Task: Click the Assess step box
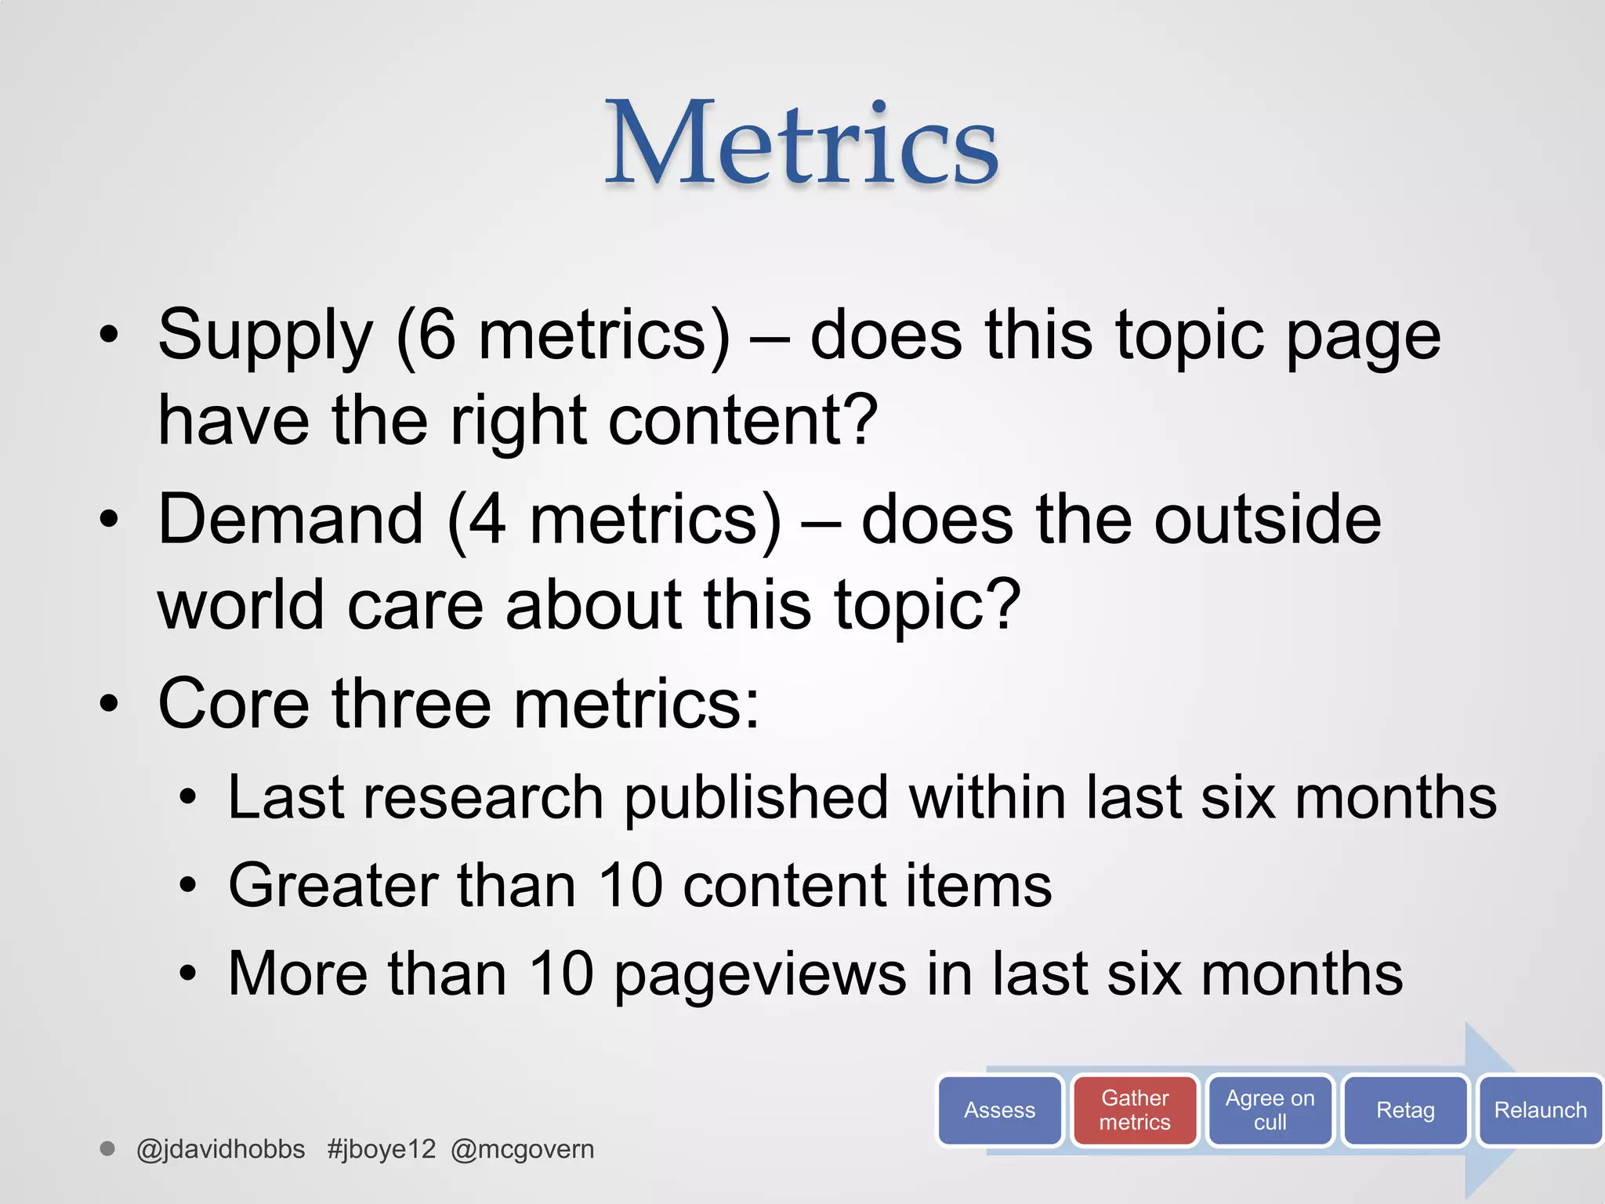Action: pos(999,1110)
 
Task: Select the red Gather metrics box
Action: pos(1135,1110)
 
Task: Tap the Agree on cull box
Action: pos(1270,1110)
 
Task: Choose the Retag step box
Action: pos(1405,1110)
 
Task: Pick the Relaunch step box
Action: pos(1540,1110)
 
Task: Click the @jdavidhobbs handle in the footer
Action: pos(220,1149)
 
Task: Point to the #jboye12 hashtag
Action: pos(381,1149)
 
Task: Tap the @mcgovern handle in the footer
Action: pos(523,1149)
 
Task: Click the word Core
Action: pos(234,703)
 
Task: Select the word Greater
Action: pos(333,886)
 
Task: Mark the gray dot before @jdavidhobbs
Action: pos(107,1149)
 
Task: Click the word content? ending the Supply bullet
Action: pos(743,421)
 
